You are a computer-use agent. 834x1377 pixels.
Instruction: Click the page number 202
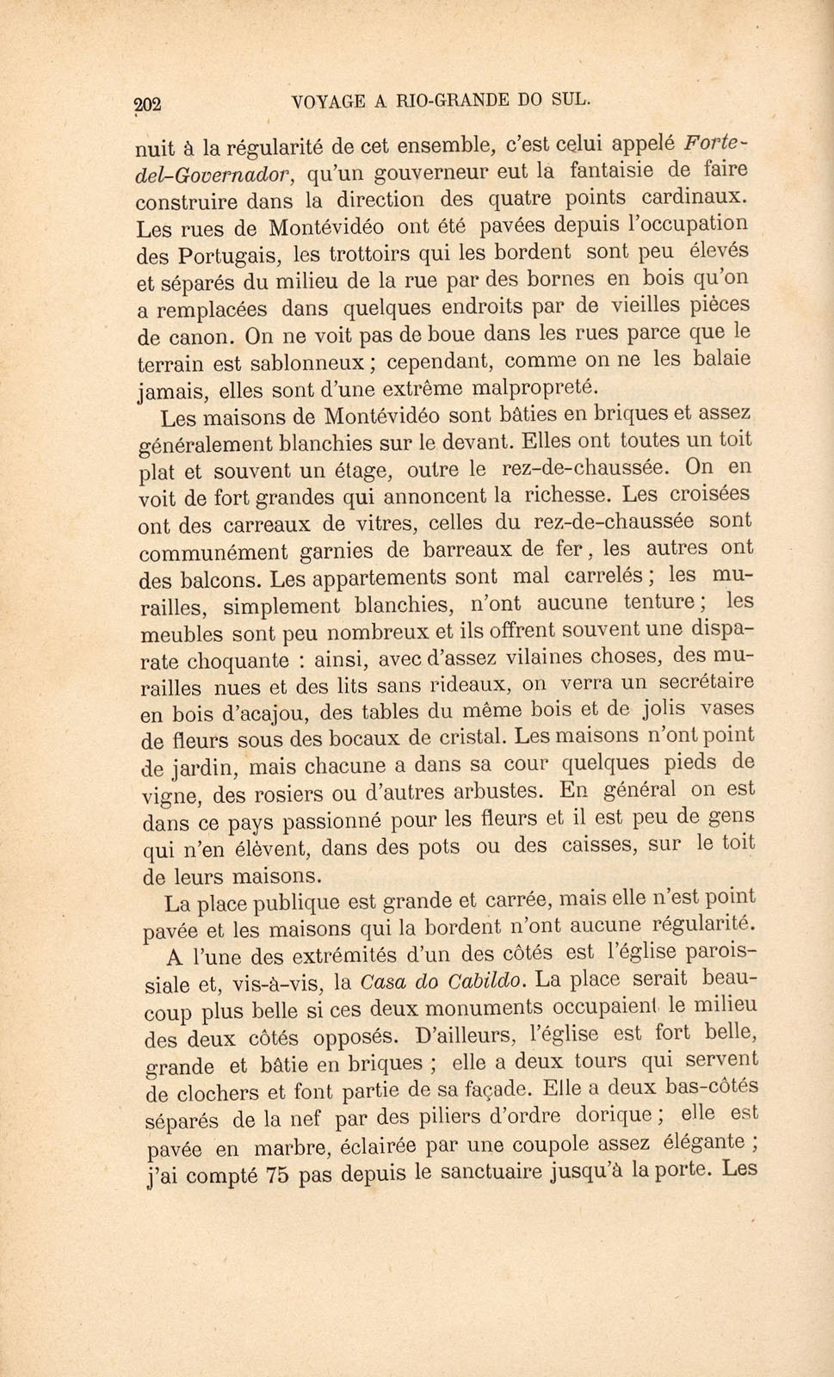click(x=148, y=104)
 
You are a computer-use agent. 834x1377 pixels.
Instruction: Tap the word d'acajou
click(x=245, y=713)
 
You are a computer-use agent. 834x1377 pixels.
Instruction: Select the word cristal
click(x=466, y=738)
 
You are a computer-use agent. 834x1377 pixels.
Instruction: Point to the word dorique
click(x=610, y=1116)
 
